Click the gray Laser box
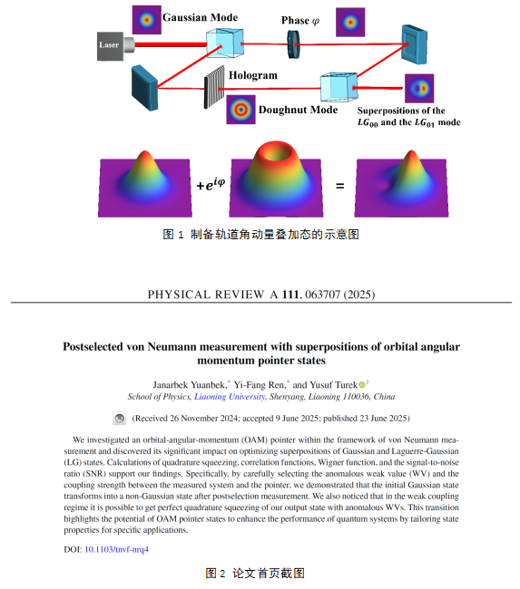(x=110, y=46)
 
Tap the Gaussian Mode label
(x=201, y=17)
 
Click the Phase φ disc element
(x=294, y=44)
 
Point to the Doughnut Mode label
(x=298, y=110)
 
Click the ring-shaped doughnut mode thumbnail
(x=240, y=110)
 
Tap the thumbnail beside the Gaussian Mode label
(x=147, y=20)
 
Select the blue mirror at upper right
(x=414, y=44)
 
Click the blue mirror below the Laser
(x=144, y=88)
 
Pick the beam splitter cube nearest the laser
(x=225, y=43)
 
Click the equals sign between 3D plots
(x=339, y=186)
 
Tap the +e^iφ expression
(x=211, y=184)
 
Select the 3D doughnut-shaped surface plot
(x=276, y=179)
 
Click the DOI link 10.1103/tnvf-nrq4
(x=117, y=549)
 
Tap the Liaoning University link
(x=230, y=397)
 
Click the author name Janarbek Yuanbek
(x=190, y=385)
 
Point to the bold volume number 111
(x=290, y=294)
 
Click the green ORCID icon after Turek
(x=362, y=385)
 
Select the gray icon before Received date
(x=120, y=419)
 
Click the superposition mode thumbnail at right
(x=419, y=88)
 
